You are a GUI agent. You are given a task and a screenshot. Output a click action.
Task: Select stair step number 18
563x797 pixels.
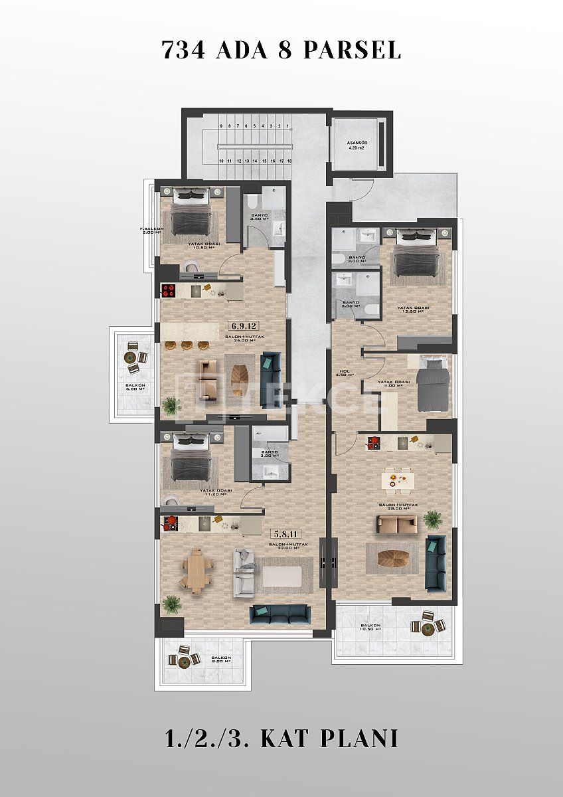click(x=289, y=161)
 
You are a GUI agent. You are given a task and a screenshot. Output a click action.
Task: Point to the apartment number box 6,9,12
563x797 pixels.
click(x=243, y=325)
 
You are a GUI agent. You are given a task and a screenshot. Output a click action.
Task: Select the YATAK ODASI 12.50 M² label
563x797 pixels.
click(x=414, y=310)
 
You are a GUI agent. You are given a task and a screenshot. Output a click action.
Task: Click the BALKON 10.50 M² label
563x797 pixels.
click(x=371, y=628)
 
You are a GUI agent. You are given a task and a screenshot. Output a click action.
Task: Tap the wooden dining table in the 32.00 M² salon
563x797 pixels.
click(x=197, y=571)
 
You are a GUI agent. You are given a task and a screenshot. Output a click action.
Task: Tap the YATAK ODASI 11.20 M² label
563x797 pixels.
click(x=215, y=493)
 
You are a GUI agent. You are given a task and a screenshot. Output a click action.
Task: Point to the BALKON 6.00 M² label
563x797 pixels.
click(x=135, y=387)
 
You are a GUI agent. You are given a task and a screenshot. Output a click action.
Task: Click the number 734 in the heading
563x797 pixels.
click(x=184, y=50)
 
